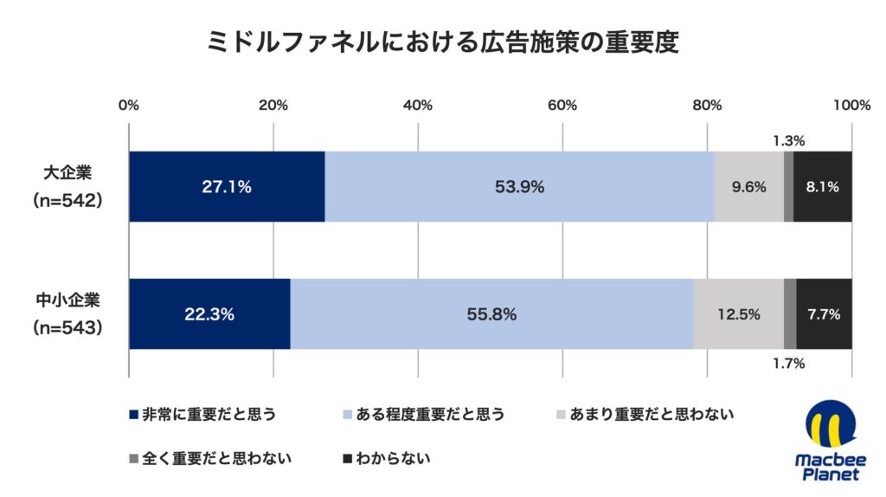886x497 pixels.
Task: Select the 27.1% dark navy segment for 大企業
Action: point(227,186)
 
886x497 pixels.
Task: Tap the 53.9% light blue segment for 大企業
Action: point(519,186)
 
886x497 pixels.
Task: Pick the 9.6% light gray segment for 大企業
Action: point(749,186)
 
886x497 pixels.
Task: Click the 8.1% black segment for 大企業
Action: point(823,186)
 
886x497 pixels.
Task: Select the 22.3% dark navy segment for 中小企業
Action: point(209,314)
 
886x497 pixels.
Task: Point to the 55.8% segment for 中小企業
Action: point(491,314)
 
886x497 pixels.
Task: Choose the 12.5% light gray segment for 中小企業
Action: point(738,314)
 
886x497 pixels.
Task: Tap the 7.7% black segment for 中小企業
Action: point(825,314)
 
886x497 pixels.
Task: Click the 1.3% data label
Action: point(788,140)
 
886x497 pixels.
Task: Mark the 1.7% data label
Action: point(788,364)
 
